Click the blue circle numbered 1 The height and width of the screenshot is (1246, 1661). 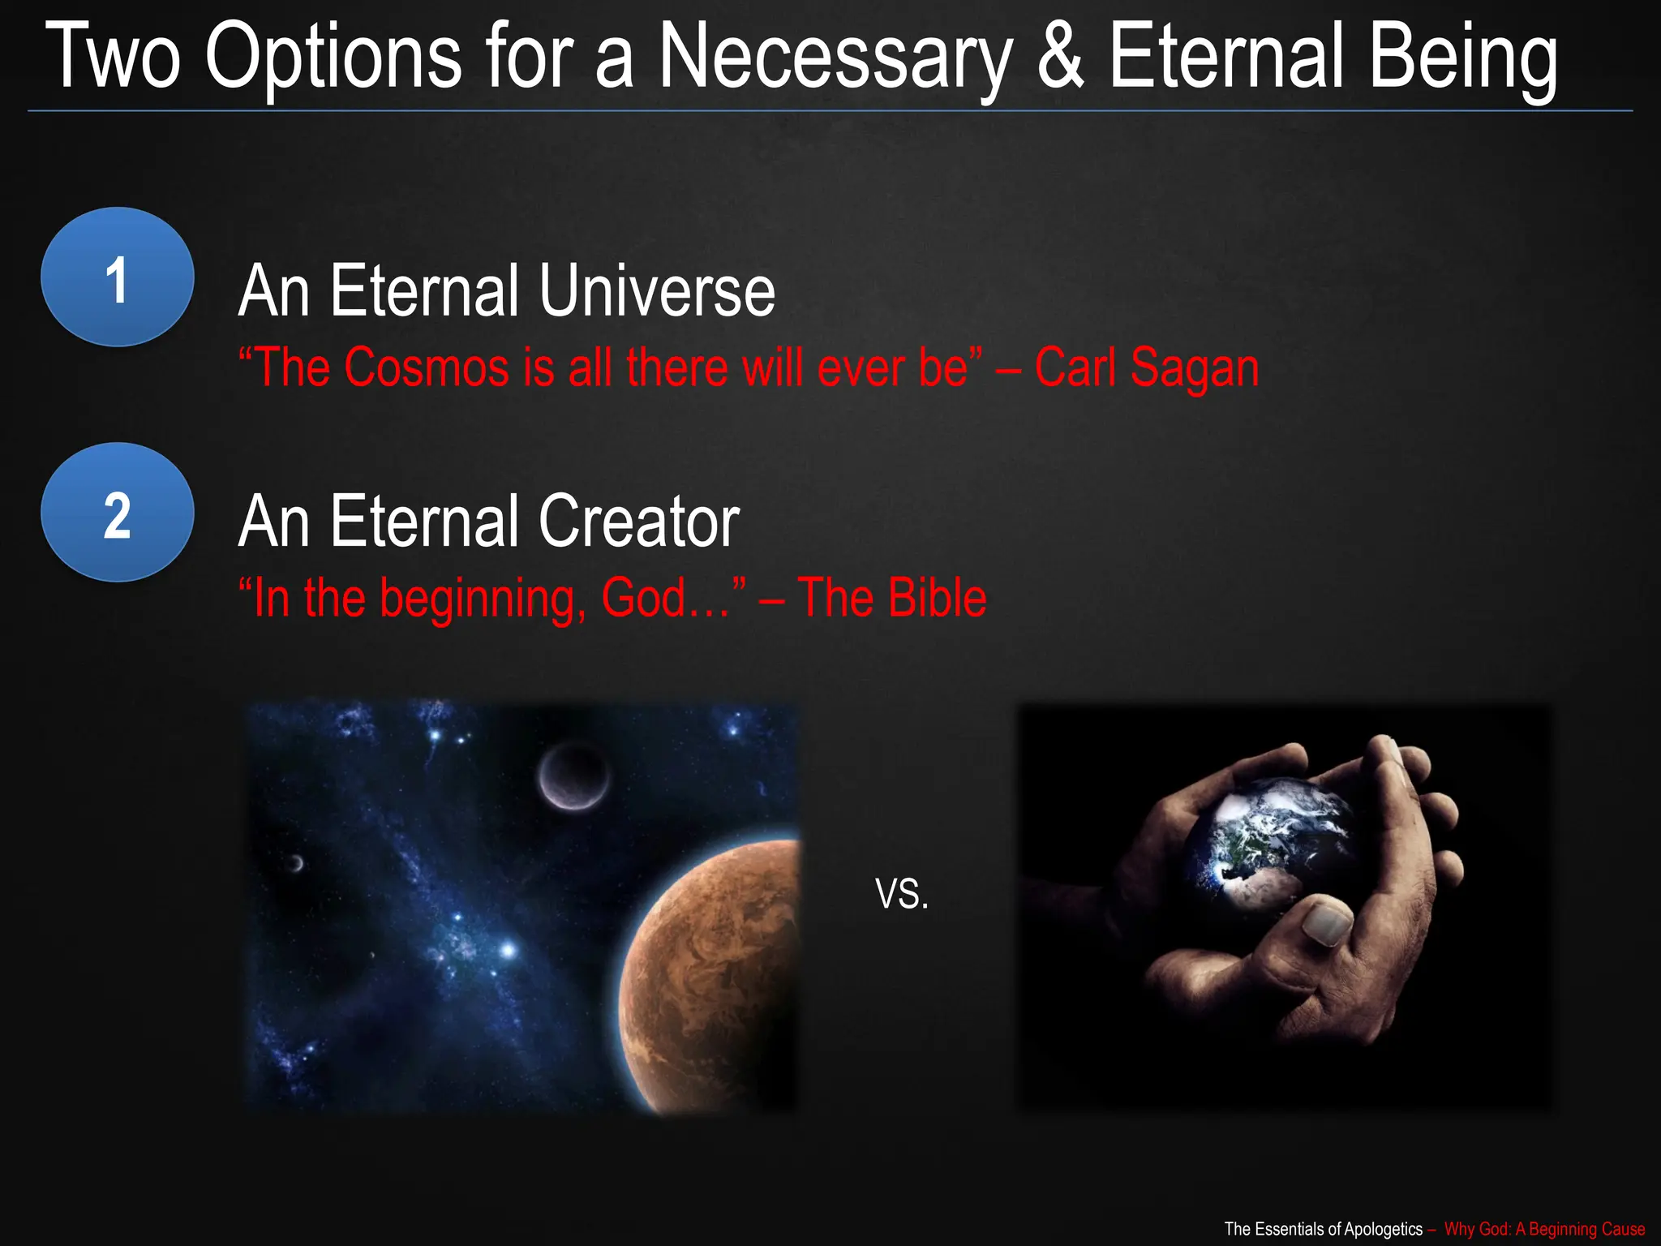pyautogui.click(x=118, y=277)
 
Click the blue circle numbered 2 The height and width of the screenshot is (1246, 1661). pyautogui.click(x=118, y=513)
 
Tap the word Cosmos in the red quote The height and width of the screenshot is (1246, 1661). pyautogui.click(x=427, y=367)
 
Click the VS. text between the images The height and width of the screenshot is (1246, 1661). pyautogui.click(x=902, y=894)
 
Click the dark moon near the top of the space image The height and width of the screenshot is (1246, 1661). pyautogui.click(x=573, y=776)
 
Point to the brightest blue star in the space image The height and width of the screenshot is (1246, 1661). pyautogui.click(x=508, y=948)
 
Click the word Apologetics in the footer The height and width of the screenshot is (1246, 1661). pyautogui.click(x=1382, y=1228)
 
